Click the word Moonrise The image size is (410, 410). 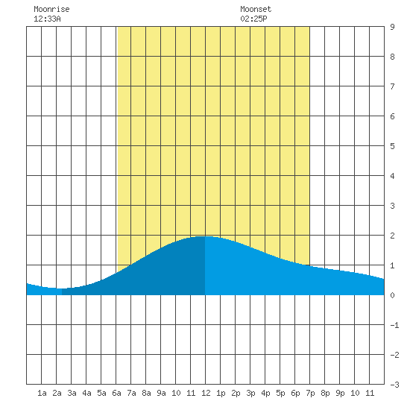[x=51, y=9]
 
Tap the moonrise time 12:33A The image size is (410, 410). [x=47, y=19]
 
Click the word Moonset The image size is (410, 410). [x=256, y=9]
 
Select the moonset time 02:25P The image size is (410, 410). [x=253, y=19]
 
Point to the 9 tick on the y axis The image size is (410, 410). [x=392, y=27]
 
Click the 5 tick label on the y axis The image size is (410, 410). [x=392, y=146]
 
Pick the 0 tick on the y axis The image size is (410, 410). [x=392, y=295]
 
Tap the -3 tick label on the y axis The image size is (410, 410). [x=394, y=385]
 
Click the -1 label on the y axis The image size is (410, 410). [x=394, y=325]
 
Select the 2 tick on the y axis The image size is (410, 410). [x=392, y=236]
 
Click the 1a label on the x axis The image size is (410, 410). [x=42, y=393]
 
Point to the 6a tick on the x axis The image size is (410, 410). [x=116, y=393]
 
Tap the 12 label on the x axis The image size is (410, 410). [x=206, y=393]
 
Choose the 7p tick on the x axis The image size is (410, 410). [x=310, y=393]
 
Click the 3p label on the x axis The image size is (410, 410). [x=250, y=393]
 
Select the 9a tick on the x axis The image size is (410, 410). [x=161, y=393]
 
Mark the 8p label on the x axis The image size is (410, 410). [x=325, y=393]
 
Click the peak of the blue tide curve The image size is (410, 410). [x=204, y=236]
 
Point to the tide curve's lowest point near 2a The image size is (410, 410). [x=60, y=288]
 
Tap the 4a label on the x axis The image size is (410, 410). [x=86, y=393]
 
